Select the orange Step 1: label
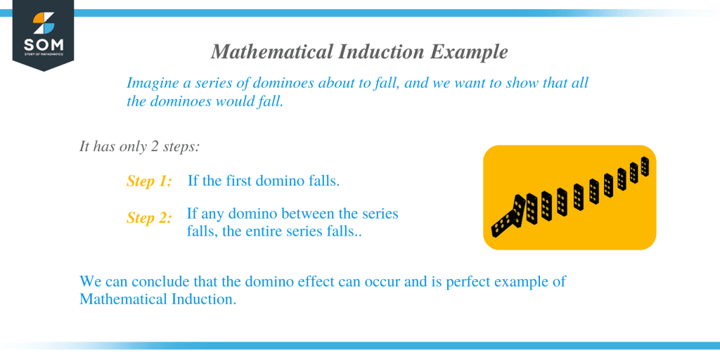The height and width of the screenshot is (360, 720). (x=149, y=181)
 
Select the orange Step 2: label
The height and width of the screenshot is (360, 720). (x=149, y=218)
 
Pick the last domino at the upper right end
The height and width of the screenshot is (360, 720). (x=645, y=167)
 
